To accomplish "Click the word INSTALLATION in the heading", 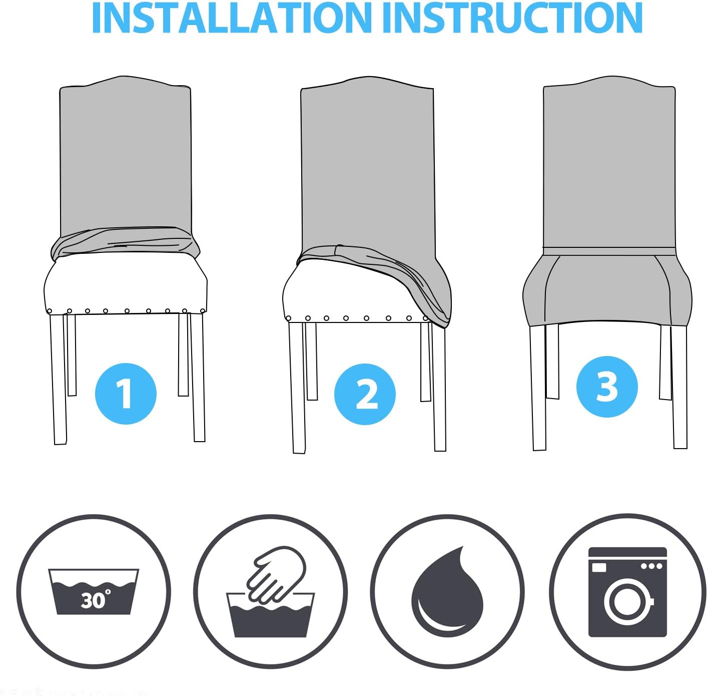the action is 232,18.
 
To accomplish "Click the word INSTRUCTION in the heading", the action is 512,18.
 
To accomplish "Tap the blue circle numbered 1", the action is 126,394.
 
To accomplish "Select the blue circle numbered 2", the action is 365,394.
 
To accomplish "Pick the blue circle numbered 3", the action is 607,387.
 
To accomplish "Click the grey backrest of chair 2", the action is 367,166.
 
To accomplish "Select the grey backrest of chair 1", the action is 126,155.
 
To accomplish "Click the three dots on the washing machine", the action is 652,566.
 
